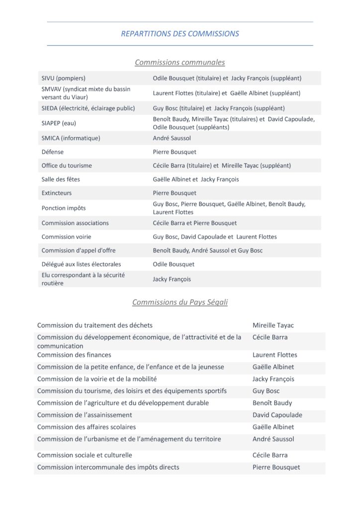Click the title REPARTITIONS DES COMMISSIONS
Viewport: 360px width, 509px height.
tap(180, 34)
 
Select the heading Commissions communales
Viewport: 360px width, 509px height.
tap(180, 62)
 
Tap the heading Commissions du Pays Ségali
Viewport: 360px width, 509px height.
tap(180, 302)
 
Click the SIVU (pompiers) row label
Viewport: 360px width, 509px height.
tap(64, 78)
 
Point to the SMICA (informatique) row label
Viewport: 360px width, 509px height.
tap(71, 138)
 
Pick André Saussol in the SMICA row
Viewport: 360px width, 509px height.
tap(172, 138)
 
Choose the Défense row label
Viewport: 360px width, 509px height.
tap(53, 152)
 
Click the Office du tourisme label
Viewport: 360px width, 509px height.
tap(67, 166)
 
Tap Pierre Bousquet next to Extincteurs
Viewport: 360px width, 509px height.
tap(175, 193)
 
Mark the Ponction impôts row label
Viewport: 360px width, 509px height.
tap(64, 208)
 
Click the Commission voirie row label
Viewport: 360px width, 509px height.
tap(67, 237)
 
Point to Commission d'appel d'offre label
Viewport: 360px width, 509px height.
tap(79, 251)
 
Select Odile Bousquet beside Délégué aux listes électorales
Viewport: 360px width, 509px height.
tap(174, 264)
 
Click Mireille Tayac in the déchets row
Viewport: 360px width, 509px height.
tap(273, 326)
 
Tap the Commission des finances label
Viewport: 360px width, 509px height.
tap(74, 355)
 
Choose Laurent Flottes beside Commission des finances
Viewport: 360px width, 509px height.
tap(274, 355)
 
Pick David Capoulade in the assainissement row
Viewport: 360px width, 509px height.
tap(277, 415)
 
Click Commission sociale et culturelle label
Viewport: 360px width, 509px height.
tap(85, 455)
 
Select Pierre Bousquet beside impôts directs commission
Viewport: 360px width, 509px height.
tap(276, 467)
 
